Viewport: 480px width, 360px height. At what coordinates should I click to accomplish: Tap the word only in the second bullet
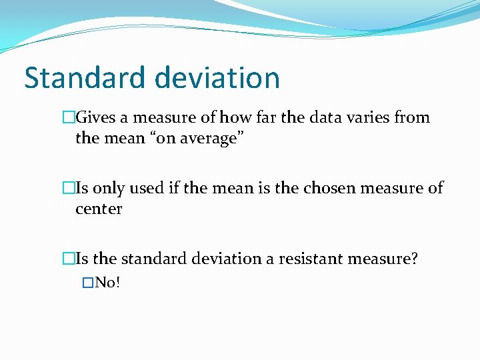click(107, 188)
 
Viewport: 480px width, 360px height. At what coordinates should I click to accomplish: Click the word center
click(99, 209)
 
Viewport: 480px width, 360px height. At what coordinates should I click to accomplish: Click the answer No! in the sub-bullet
click(107, 283)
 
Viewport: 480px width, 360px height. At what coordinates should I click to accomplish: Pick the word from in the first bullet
click(413, 118)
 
